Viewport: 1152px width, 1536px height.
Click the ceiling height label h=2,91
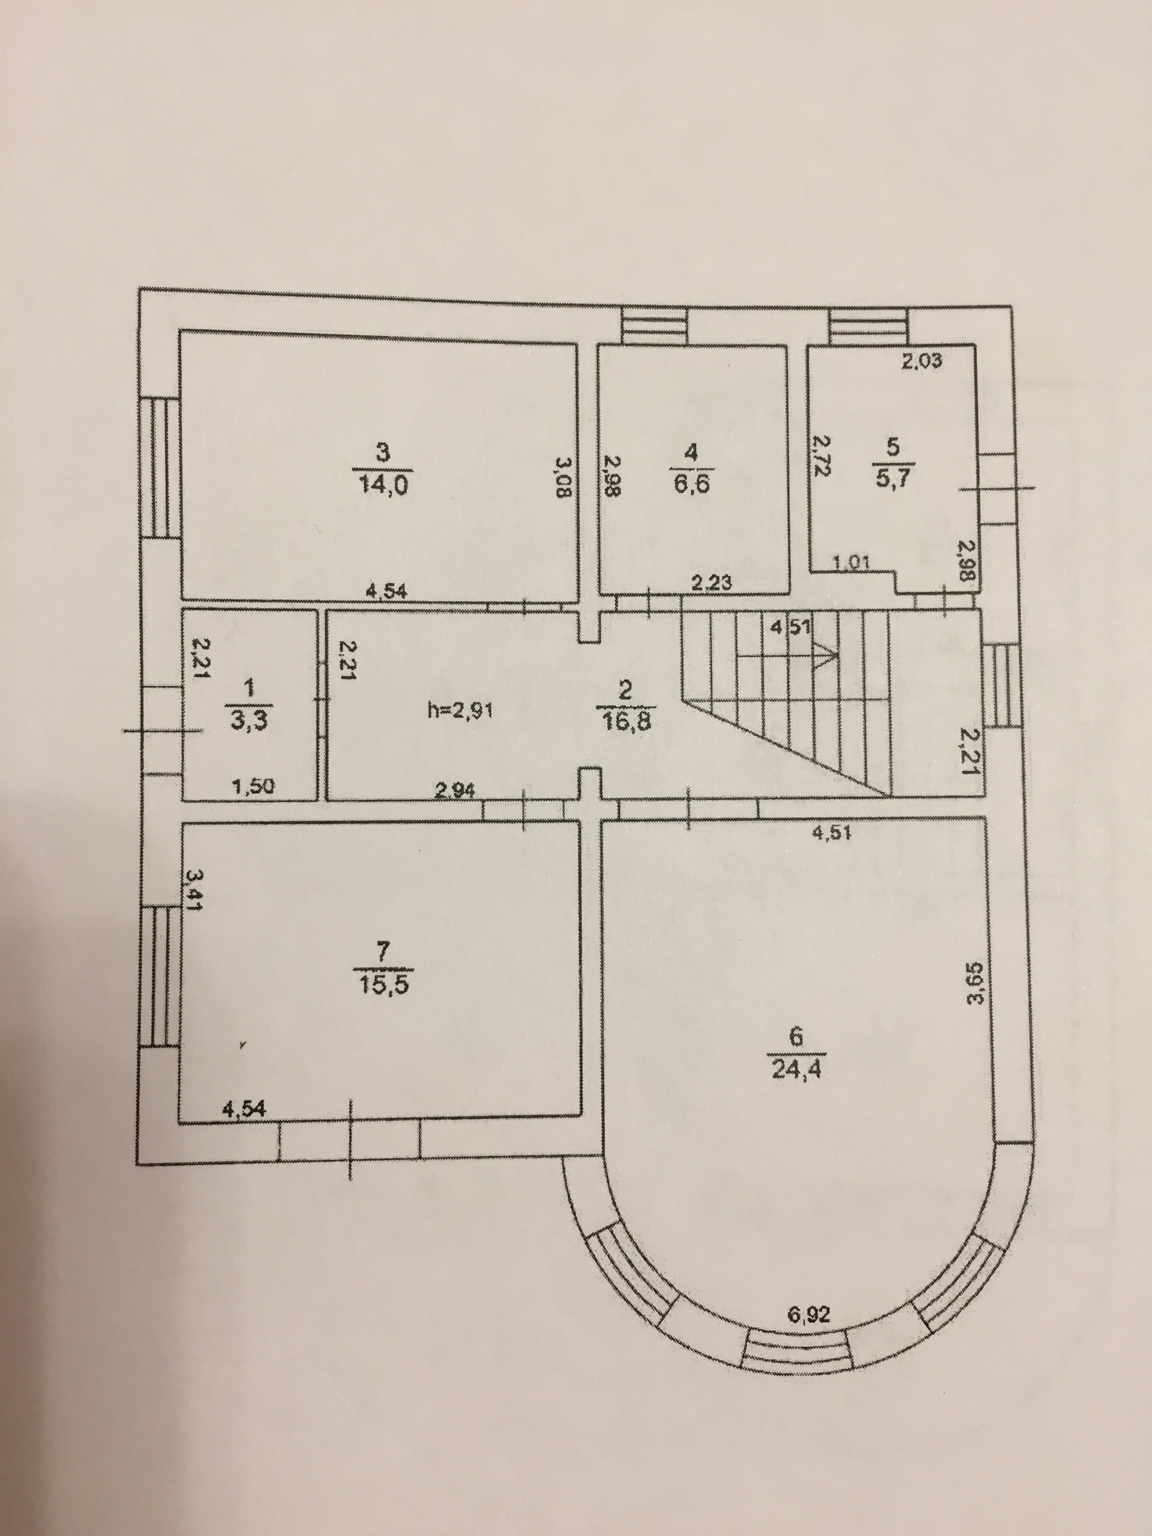click(460, 711)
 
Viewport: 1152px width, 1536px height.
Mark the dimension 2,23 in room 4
click(711, 584)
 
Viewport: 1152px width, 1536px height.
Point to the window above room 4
click(653, 326)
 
